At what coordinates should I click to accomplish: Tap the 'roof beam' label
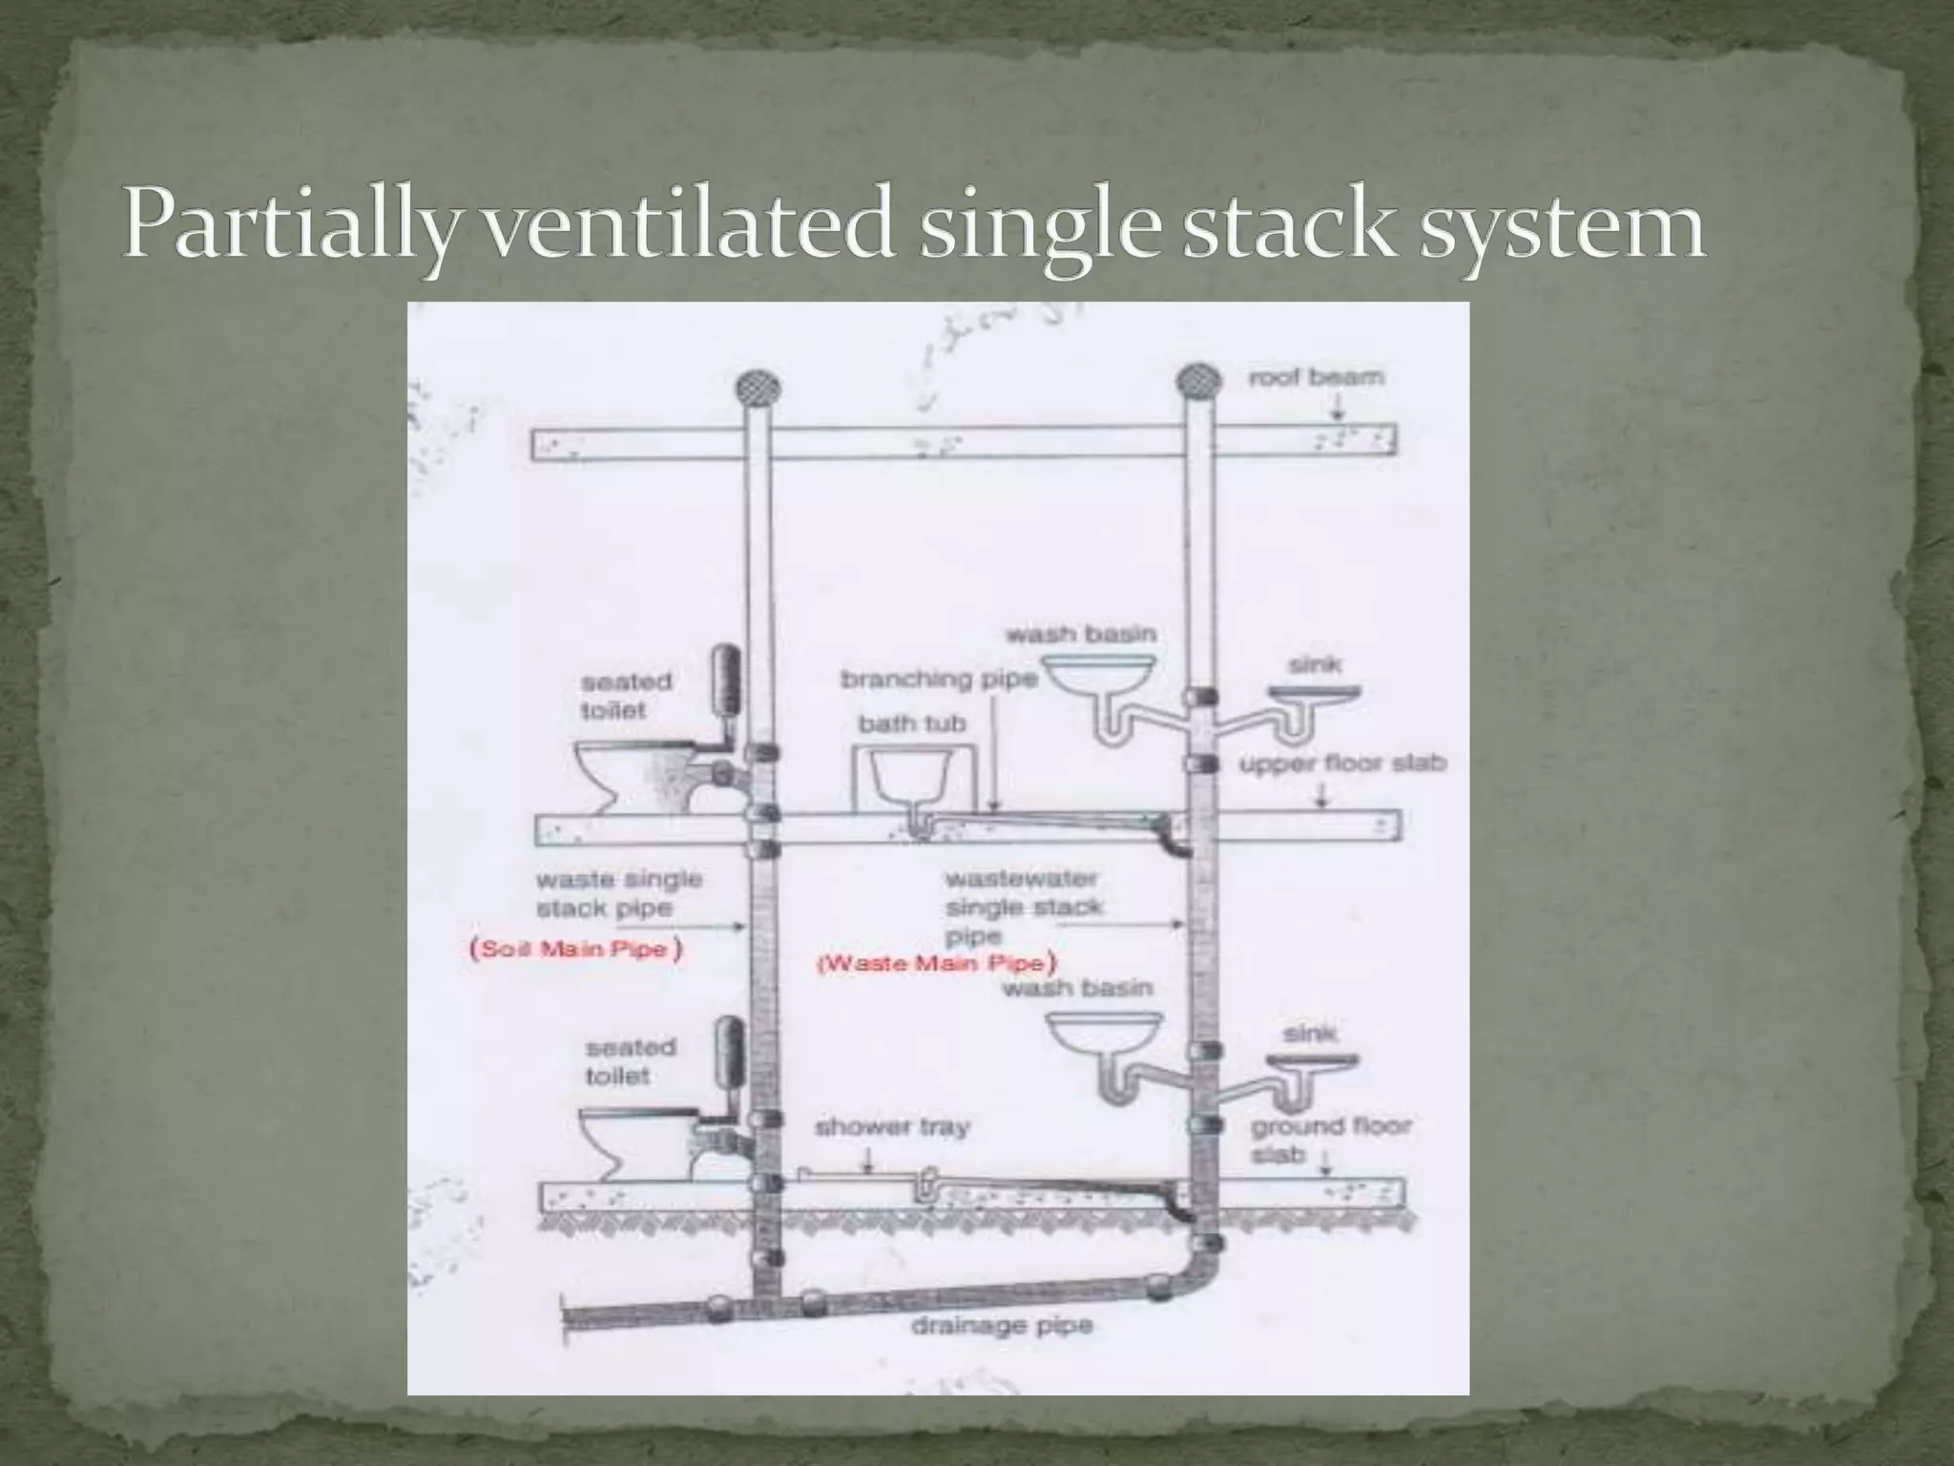pyautogui.click(x=1316, y=377)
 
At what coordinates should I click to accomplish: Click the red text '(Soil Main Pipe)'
pyautogui.click(x=575, y=950)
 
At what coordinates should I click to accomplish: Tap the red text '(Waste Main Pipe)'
pyautogui.click(x=939, y=962)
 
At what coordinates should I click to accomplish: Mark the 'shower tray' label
pyautogui.click(x=891, y=1127)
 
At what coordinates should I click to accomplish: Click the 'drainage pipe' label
pyautogui.click(x=1001, y=1326)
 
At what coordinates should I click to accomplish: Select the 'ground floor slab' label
pyautogui.click(x=1329, y=1140)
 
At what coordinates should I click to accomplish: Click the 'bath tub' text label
pyautogui.click(x=911, y=723)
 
